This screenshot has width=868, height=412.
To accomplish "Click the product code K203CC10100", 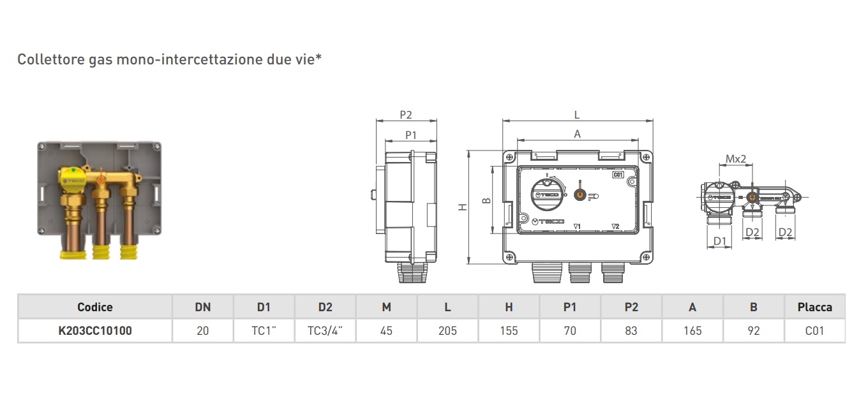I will point(95,331).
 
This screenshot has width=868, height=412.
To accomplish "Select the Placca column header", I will point(814,307).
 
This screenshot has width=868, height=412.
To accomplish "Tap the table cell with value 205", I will point(447,331).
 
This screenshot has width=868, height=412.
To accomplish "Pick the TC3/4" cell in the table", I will point(325,331).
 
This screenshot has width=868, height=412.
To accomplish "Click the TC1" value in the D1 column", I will point(264,331).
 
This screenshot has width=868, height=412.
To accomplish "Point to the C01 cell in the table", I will point(814,331).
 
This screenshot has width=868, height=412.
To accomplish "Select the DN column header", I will point(202,307).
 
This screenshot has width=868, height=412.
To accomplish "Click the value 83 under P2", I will point(631,331).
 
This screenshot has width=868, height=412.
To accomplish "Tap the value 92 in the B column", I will point(753,331).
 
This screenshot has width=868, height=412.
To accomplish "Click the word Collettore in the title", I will point(46,60).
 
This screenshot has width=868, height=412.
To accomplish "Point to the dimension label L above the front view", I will point(577,115).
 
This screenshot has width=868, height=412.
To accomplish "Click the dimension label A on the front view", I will point(578,134).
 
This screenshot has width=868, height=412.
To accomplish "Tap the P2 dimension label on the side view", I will point(406,115).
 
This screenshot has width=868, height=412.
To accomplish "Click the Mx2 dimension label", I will point(736,159).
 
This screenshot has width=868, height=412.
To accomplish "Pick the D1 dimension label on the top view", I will point(720,240).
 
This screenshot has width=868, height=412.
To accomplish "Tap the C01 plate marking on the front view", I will point(617,175).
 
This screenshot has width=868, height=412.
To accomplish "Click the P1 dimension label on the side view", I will point(411,135).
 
